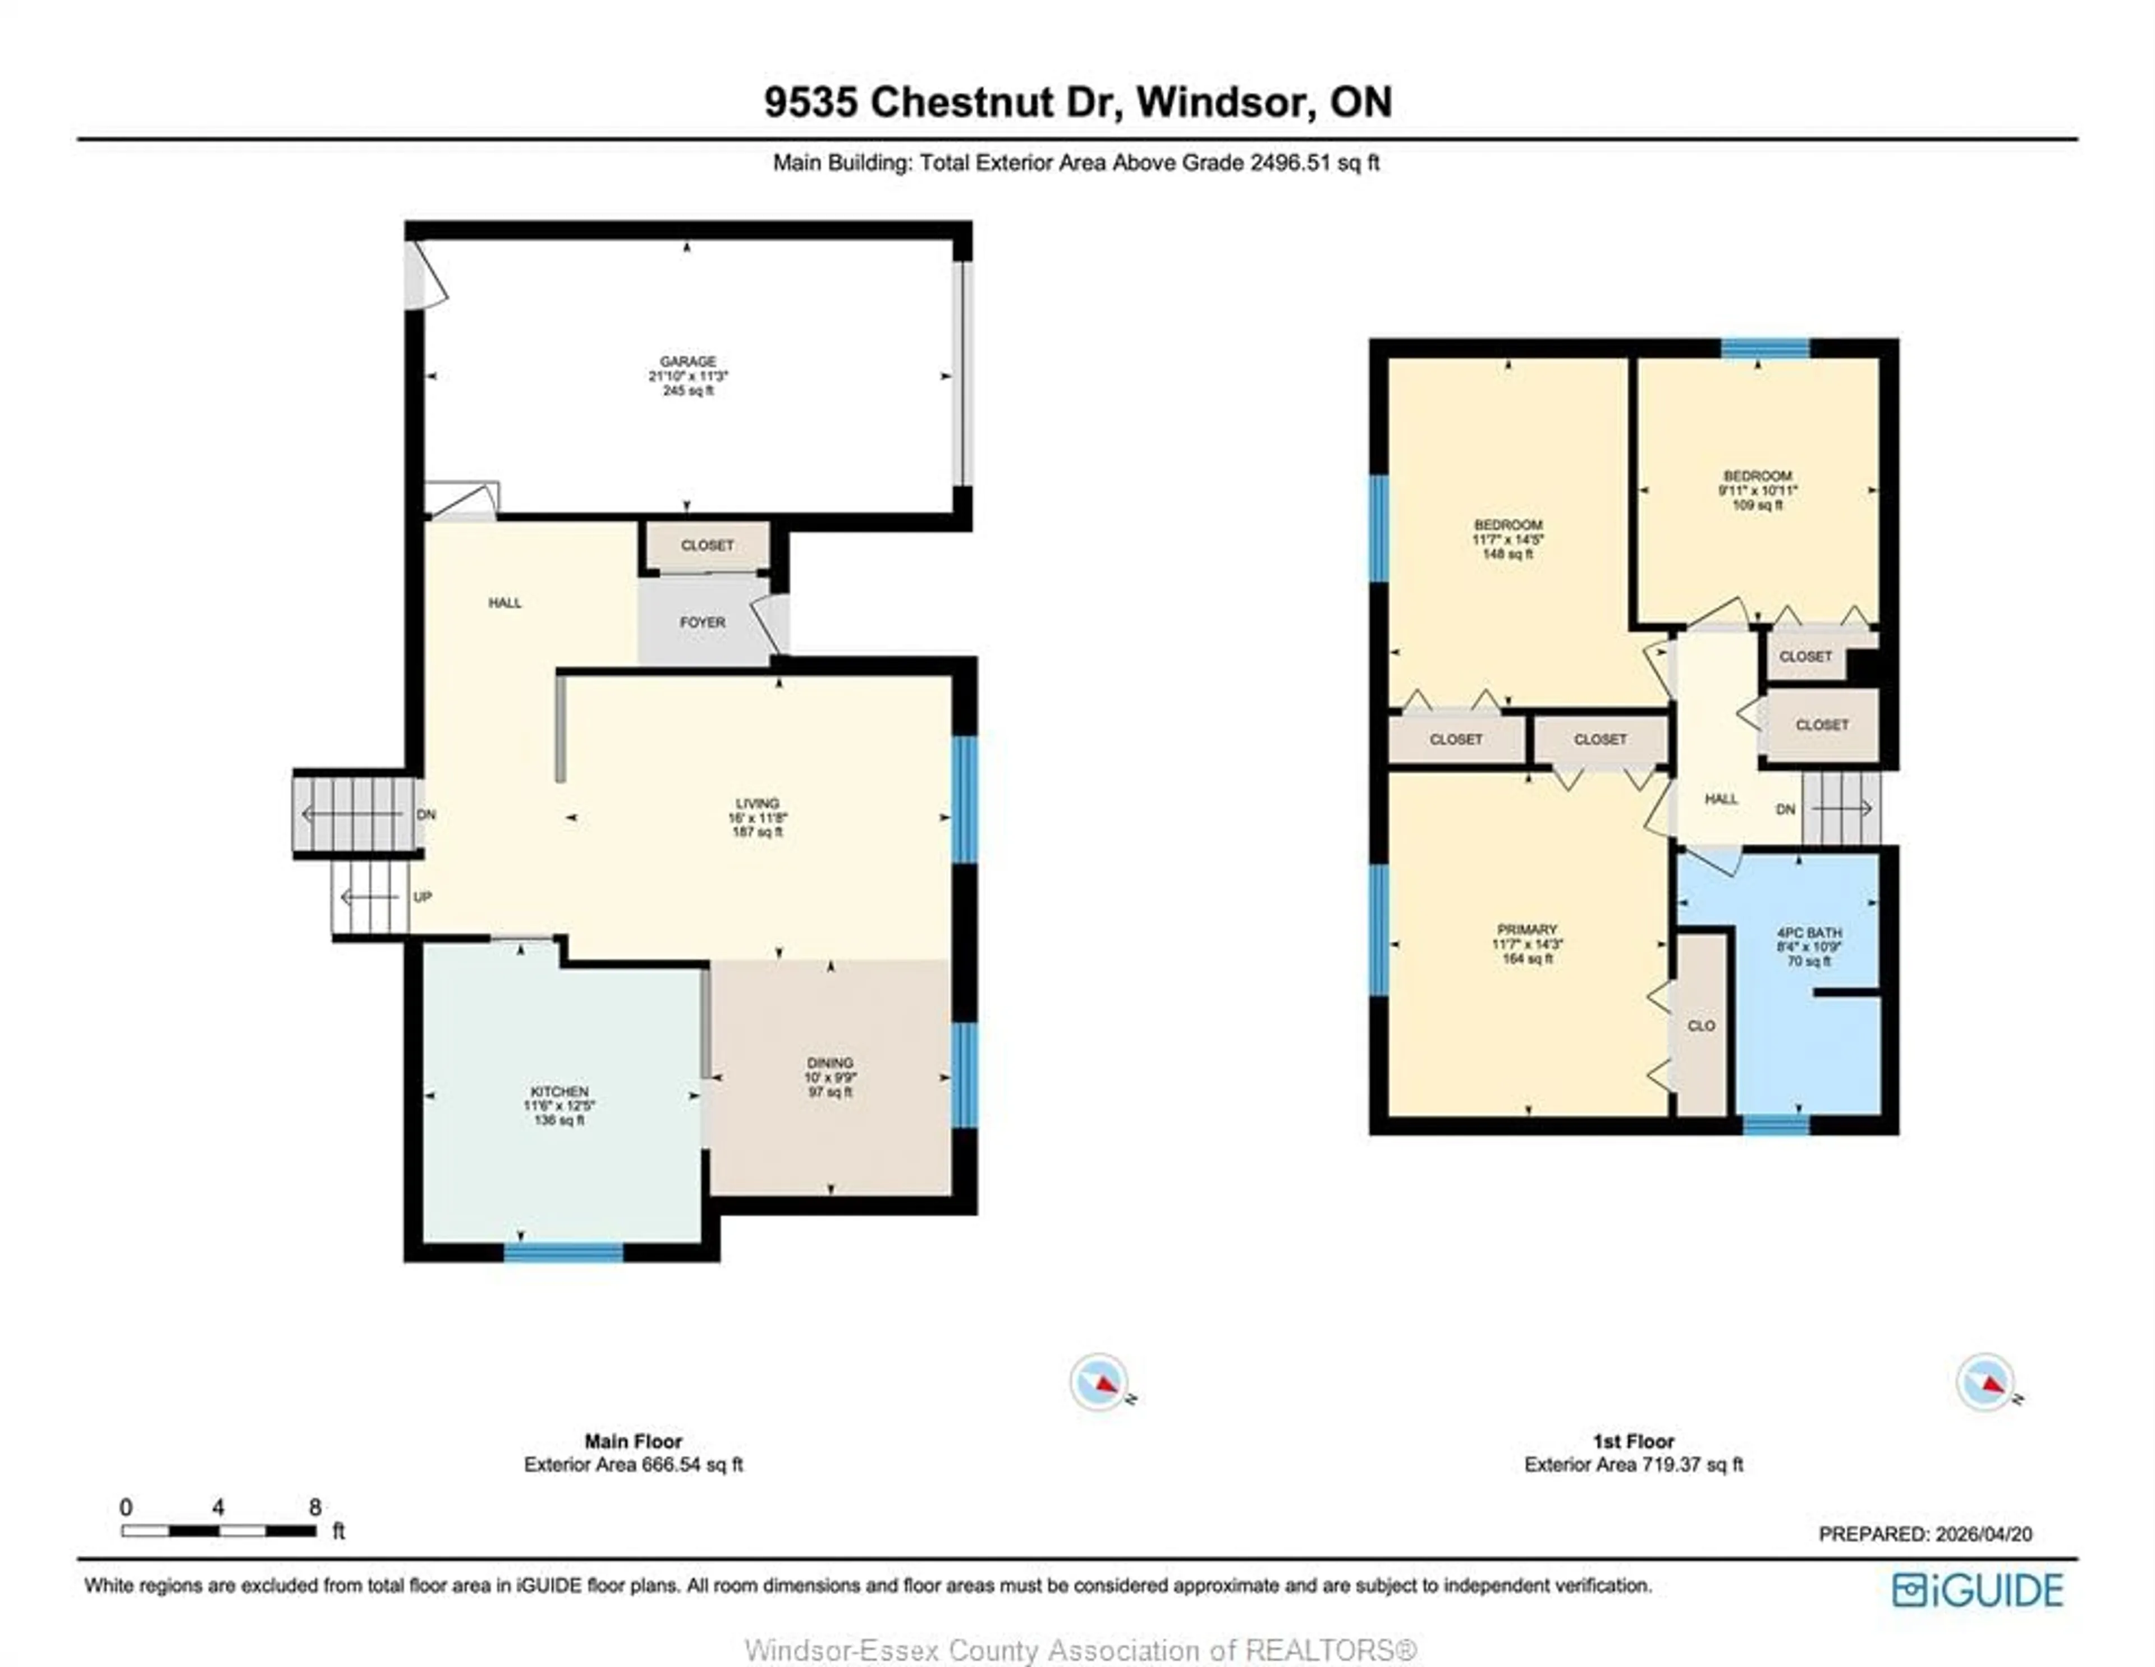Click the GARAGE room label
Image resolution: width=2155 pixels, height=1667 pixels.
pyautogui.click(x=687, y=361)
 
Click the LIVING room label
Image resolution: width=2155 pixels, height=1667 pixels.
pyautogui.click(x=757, y=803)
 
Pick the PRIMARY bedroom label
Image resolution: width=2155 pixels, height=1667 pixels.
pyautogui.click(x=1526, y=929)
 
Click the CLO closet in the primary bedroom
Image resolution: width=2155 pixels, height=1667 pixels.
pyautogui.click(x=1701, y=1025)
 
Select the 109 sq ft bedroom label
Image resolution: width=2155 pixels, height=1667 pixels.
pyautogui.click(x=1757, y=476)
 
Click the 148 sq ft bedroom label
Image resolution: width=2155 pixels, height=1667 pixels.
pyautogui.click(x=1508, y=524)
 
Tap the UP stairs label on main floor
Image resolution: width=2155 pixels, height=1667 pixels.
pyautogui.click(x=423, y=897)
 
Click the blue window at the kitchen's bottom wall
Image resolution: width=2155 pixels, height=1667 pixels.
pyautogui.click(x=563, y=1252)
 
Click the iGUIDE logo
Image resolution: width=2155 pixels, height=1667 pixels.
pyautogui.click(x=1978, y=1590)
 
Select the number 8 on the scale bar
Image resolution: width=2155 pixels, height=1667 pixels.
pyautogui.click(x=315, y=1507)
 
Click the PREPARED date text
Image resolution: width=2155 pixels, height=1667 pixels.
pyautogui.click(x=1925, y=1534)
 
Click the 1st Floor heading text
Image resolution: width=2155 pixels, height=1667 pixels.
pyautogui.click(x=1633, y=1441)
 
